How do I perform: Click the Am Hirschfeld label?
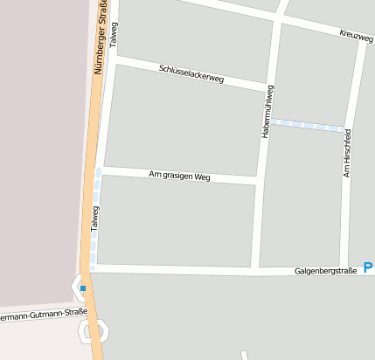(347, 155)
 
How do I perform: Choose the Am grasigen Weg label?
(180, 176)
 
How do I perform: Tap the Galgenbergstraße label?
(325, 271)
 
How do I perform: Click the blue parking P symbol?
(368, 267)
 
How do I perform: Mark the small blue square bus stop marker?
(83, 287)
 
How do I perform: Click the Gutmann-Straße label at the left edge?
(44, 314)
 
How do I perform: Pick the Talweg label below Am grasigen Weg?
(95, 218)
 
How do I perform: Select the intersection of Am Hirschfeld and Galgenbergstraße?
(343, 271)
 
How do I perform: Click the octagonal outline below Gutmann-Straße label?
(94, 330)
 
